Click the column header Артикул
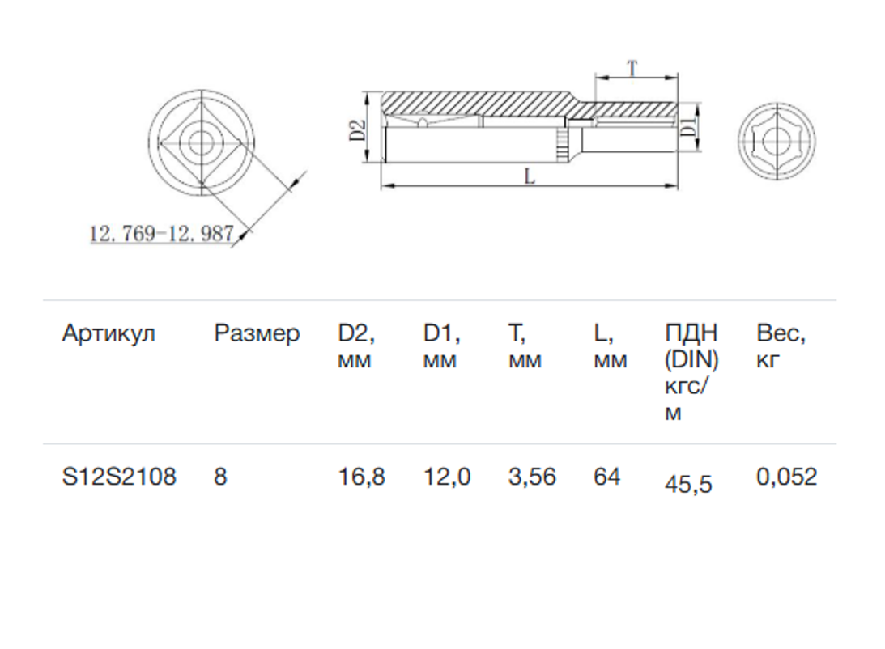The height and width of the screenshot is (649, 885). pos(108,333)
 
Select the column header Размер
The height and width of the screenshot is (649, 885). pos(257,333)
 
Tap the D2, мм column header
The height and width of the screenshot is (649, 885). pos(356,346)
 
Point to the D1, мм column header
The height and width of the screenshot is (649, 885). pos(442,346)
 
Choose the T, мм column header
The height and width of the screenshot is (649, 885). pos(525,346)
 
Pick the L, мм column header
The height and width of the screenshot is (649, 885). pos(611,346)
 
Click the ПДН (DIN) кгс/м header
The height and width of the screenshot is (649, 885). pos(692,372)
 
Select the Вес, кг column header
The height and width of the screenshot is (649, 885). pos(781,346)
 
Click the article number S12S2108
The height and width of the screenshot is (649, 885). pos(119,477)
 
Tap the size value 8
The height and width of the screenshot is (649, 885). pos(220,477)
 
